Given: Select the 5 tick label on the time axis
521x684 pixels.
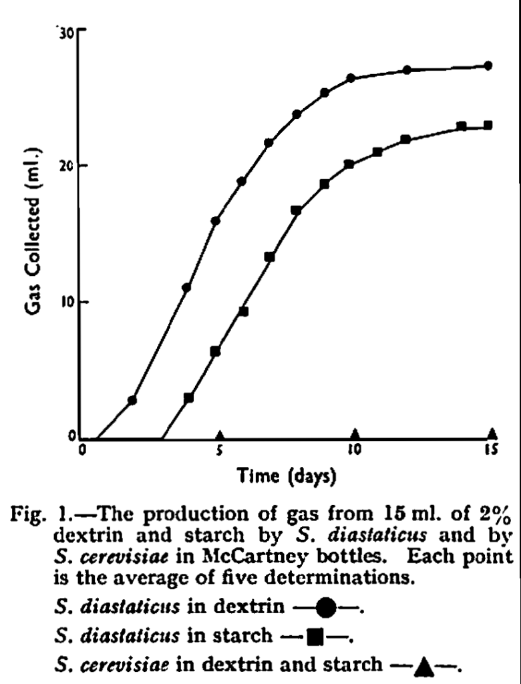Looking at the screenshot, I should point(219,450).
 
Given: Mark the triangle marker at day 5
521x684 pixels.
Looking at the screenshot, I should point(220,433).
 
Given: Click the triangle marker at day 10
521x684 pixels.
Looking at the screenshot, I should point(355,433).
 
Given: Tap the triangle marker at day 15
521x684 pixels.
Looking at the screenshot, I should point(492,433).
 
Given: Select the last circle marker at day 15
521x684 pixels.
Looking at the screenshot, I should point(488,65).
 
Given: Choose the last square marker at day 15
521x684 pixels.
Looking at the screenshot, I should point(488,125).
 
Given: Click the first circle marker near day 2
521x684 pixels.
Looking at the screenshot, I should point(132,400).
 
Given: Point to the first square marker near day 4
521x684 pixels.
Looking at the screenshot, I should point(188,397).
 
